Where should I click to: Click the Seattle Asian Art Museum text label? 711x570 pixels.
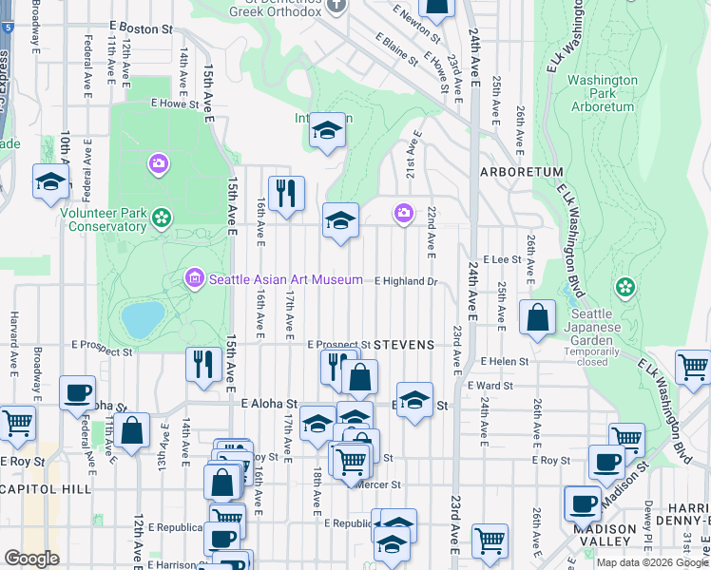coord(285,279)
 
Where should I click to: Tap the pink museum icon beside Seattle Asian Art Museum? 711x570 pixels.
coord(195,278)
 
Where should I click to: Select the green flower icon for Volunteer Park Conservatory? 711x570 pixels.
coord(162,218)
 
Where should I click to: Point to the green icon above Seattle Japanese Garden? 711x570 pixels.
coord(625,286)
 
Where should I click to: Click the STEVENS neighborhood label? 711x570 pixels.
coord(404,344)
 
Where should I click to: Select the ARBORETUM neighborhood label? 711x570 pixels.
coord(522,172)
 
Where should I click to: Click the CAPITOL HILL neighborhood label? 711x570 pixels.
coord(47,488)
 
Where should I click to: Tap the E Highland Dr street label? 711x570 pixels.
coord(406,281)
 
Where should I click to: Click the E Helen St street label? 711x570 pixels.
coord(504,362)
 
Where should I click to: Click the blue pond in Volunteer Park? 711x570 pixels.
coord(142,320)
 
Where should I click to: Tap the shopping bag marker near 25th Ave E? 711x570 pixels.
coord(537,317)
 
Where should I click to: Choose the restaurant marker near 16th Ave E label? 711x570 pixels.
coord(285,194)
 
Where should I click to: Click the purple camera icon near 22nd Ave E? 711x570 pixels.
coord(403,212)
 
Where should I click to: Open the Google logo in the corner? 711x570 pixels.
coord(31,559)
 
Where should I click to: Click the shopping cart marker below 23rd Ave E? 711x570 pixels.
coord(490,541)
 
